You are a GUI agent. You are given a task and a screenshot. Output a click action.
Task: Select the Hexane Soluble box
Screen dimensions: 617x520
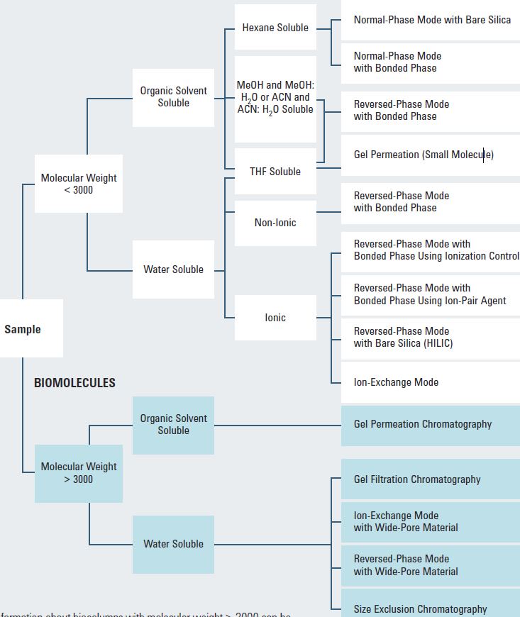click(275, 28)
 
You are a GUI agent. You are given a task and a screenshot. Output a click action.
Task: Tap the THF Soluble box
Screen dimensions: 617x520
click(275, 172)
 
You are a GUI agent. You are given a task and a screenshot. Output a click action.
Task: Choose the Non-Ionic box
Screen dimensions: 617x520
click(275, 223)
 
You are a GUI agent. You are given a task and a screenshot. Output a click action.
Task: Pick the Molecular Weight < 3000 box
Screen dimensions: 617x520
click(79, 184)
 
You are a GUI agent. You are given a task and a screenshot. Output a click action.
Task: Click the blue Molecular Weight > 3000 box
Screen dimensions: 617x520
click(79, 473)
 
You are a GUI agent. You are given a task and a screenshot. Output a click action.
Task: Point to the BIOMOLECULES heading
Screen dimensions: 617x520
click(74, 382)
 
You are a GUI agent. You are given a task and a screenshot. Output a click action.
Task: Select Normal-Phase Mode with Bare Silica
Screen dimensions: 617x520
click(431, 20)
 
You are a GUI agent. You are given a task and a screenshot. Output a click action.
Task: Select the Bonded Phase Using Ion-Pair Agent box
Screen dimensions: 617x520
click(429, 294)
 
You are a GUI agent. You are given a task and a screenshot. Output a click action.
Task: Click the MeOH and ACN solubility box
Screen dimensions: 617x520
click(275, 97)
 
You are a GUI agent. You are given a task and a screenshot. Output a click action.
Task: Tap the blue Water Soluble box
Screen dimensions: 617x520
click(173, 544)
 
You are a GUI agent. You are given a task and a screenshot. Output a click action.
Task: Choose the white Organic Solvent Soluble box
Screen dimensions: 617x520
click(173, 97)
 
